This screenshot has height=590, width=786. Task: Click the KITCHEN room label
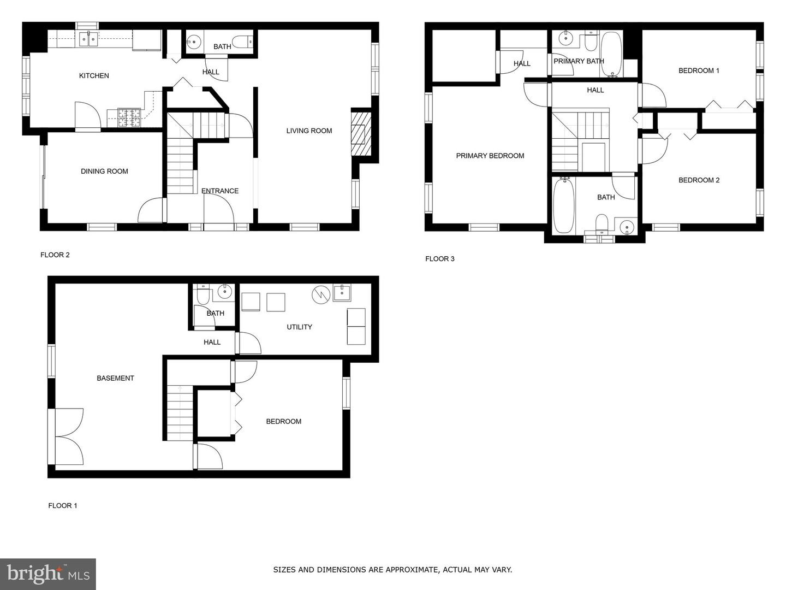(x=94, y=75)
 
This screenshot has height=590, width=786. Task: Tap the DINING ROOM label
(x=104, y=171)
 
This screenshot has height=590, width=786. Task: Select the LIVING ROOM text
(x=309, y=131)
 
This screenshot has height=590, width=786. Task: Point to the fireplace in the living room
(x=361, y=134)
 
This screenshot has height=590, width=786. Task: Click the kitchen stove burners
(x=129, y=117)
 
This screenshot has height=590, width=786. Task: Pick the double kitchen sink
(x=88, y=39)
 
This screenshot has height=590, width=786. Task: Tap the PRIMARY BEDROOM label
(x=490, y=156)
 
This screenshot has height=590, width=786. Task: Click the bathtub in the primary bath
(x=612, y=54)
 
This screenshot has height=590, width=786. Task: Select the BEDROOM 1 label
(x=699, y=70)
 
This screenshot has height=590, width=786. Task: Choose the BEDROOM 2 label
(x=699, y=180)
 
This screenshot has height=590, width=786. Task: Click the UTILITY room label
(x=299, y=327)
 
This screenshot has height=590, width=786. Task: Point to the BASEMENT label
(x=115, y=378)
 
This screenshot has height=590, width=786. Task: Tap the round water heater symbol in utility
(x=320, y=295)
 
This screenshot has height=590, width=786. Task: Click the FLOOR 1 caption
(x=63, y=505)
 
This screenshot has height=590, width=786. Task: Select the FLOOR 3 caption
(x=440, y=258)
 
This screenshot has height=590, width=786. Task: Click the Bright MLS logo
(x=48, y=574)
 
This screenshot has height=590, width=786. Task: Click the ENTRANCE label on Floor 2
(x=220, y=191)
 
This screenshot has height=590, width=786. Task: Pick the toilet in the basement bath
(x=203, y=294)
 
